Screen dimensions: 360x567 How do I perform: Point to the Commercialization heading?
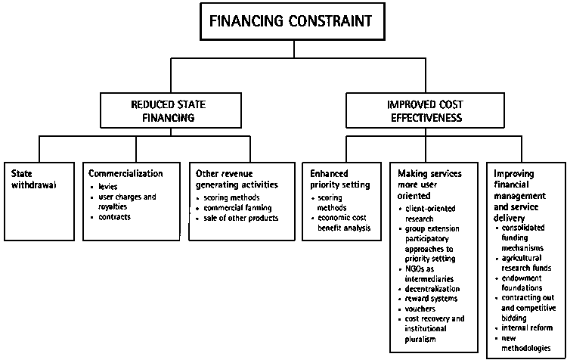[x=125, y=173]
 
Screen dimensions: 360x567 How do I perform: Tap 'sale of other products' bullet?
[x=240, y=218]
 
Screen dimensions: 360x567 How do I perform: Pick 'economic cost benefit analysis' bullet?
[x=342, y=223]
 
